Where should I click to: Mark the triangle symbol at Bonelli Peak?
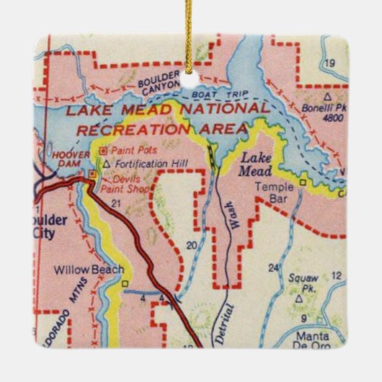pyautogui.click(x=328, y=94)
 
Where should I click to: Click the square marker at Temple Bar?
pyautogui.click(x=303, y=182)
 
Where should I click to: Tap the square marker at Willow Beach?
pyautogui.click(x=124, y=283)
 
